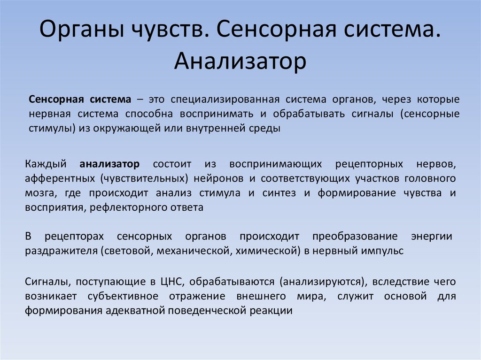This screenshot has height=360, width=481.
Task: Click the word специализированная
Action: (x=225, y=100)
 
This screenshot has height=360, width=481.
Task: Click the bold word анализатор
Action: (x=109, y=164)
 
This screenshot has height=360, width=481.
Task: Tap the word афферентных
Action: (x=60, y=179)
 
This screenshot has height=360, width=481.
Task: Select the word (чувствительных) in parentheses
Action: (x=144, y=179)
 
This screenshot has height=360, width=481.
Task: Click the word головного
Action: (x=430, y=179)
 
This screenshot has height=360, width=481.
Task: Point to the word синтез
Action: (x=279, y=193)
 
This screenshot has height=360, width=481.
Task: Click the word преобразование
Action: (x=355, y=237)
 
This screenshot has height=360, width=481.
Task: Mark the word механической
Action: (x=194, y=251)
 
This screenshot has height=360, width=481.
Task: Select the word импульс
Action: (x=382, y=251)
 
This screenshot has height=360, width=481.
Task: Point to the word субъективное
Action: (x=123, y=297)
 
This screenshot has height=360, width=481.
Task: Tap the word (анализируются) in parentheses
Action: (x=323, y=282)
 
